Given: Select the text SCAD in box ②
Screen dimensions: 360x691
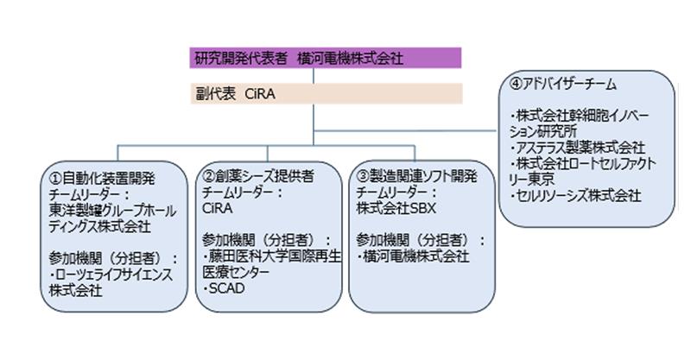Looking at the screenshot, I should tap(225, 287).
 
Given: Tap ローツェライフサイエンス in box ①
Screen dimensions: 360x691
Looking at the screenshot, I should tap(111, 273).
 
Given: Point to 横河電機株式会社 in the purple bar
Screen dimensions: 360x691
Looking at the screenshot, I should tap(363, 59).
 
